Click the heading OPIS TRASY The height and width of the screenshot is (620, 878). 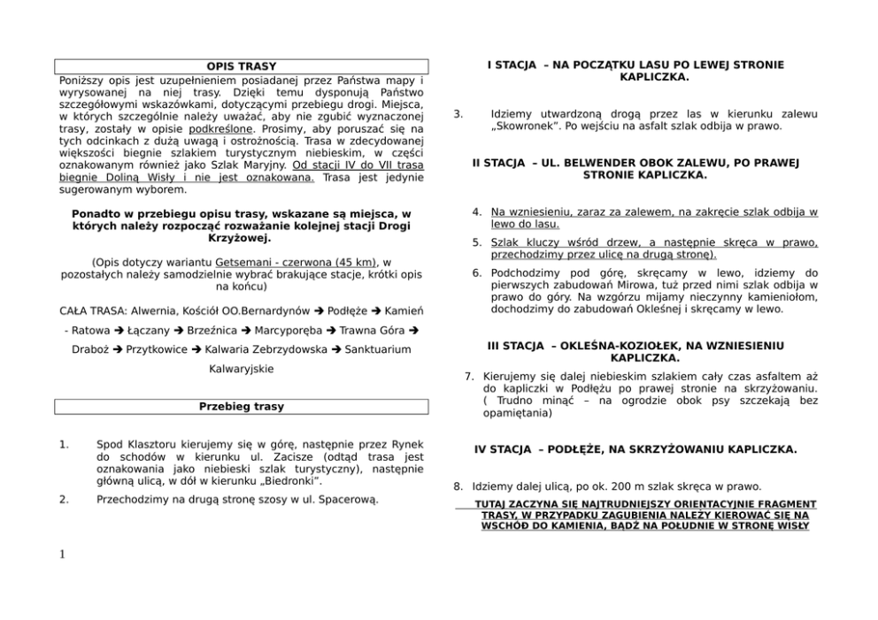pos(242,66)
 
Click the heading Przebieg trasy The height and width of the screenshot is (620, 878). pos(242,407)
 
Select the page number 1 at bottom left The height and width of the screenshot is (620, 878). pos(61,555)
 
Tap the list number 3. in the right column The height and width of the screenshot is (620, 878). pos(458,114)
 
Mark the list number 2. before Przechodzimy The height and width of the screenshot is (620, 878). pos(64,500)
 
